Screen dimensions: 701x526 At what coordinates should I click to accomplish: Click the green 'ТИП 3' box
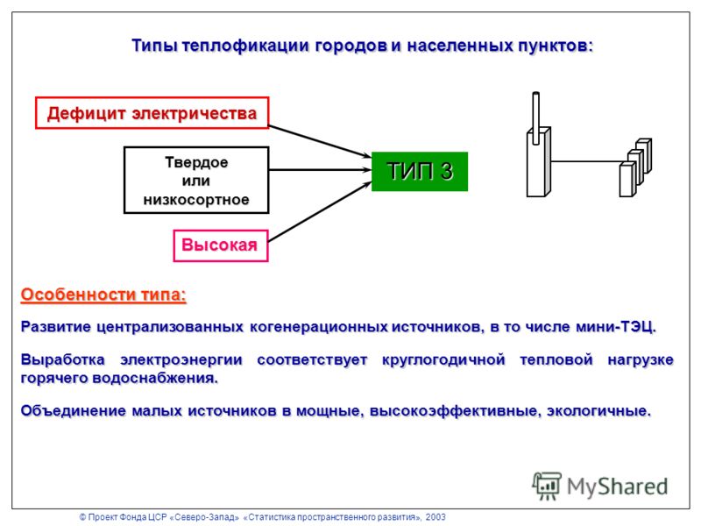(x=420, y=171)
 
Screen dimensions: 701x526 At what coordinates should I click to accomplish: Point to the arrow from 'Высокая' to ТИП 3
(x=320, y=211)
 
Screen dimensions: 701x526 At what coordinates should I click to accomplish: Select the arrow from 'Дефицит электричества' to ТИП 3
(x=320, y=141)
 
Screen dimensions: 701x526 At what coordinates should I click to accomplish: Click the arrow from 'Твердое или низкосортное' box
(x=320, y=170)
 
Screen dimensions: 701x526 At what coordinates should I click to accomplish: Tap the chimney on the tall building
(x=535, y=117)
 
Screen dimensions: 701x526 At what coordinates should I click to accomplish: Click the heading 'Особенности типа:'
(x=103, y=295)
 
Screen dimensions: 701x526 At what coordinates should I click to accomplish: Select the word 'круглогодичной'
(x=443, y=359)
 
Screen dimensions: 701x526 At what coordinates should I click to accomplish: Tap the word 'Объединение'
(x=74, y=410)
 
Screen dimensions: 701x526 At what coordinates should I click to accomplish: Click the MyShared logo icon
(x=547, y=486)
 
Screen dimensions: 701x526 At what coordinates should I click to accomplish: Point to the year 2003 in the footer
(x=435, y=517)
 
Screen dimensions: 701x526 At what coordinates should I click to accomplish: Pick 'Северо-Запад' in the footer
(x=206, y=517)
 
